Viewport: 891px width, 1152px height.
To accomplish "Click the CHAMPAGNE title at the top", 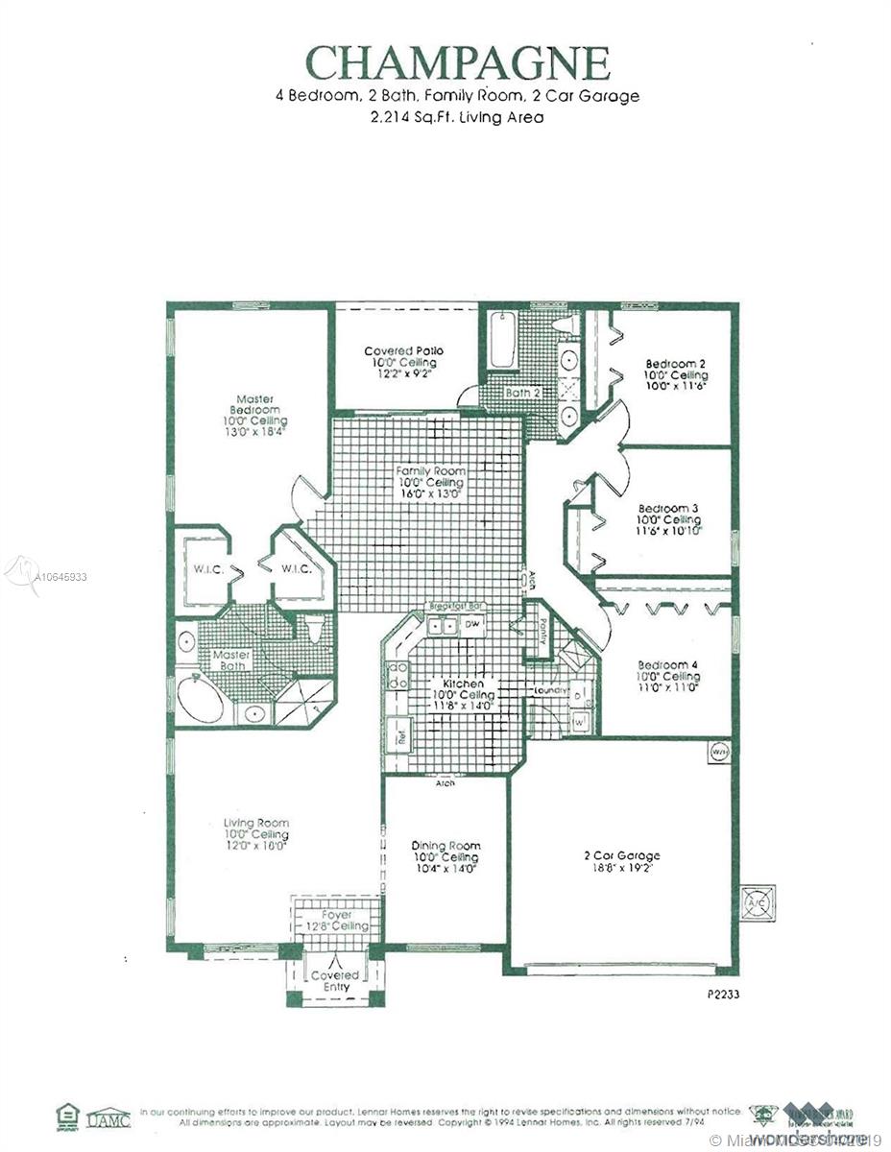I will (457, 63).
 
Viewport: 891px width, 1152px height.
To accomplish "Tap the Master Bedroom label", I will (255, 405).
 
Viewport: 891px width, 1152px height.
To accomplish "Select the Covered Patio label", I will (403, 352).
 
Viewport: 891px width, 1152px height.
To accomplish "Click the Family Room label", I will (431, 471).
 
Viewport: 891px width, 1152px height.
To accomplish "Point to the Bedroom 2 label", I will (675, 364).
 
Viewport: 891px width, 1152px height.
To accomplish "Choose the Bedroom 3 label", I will (668, 508).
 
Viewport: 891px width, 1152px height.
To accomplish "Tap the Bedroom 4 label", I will (662, 665).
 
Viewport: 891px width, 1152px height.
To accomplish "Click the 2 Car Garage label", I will (621, 855).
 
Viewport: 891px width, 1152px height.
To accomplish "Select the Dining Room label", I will (445, 846).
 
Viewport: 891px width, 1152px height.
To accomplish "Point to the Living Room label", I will (255, 823).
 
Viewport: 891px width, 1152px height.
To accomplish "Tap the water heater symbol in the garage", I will (718, 752).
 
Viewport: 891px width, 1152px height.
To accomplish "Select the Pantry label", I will (542, 630).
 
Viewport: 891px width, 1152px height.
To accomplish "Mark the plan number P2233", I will (717, 995).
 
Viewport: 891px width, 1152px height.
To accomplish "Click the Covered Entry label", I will (335, 981).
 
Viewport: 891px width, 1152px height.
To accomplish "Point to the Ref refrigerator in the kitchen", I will (395, 738).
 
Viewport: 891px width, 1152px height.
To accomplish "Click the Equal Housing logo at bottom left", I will (66, 1116).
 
